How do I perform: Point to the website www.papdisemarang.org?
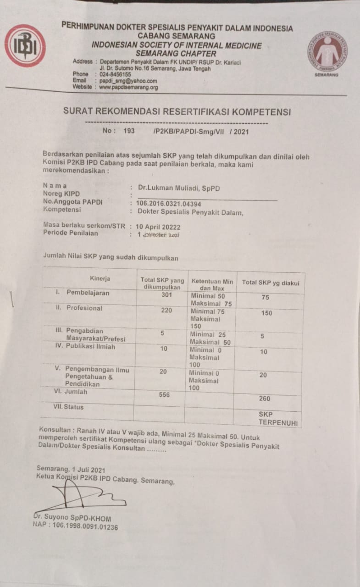pos(128,87)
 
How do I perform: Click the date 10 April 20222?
pos(158,227)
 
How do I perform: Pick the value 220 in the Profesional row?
pos(166,310)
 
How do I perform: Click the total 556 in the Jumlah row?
pos(164,395)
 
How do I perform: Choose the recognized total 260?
pos(265,399)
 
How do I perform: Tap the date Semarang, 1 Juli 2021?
pos(72,470)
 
